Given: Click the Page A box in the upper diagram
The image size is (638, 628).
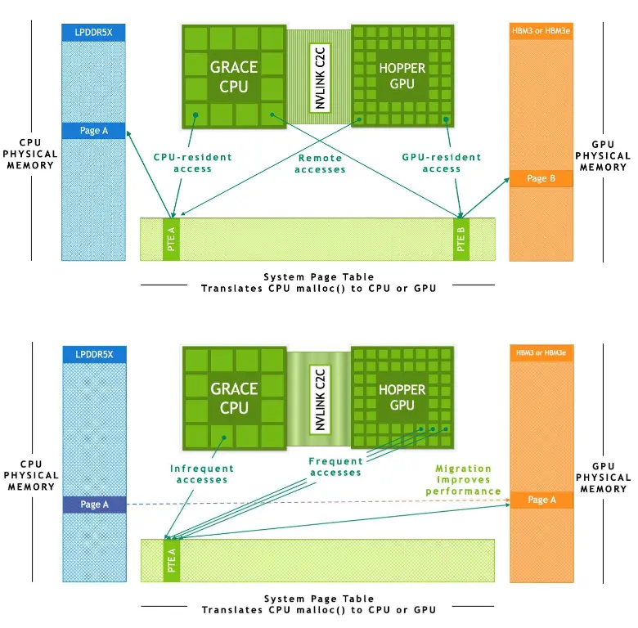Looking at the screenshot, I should pyautogui.click(x=94, y=131).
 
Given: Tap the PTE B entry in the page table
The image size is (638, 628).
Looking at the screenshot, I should pyautogui.click(x=461, y=239).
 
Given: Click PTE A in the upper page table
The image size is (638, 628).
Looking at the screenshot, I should pyautogui.click(x=172, y=239).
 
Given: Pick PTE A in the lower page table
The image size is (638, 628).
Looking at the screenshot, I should pyautogui.click(x=172, y=560).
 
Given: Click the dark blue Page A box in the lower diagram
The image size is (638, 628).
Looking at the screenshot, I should pyautogui.click(x=94, y=505).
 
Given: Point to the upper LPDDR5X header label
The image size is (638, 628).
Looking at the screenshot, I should pyautogui.click(x=94, y=33).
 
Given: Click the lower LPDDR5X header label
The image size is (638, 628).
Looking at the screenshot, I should pyautogui.click(x=94, y=354).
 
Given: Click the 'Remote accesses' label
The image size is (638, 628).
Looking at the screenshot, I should pyautogui.click(x=320, y=164).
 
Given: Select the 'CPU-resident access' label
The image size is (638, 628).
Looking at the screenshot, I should pyautogui.click(x=193, y=163).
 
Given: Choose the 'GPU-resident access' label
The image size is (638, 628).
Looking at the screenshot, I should pyautogui.click(x=442, y=163).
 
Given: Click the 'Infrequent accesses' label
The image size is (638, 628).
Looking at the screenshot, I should pyautogui.click(x=202, y=474).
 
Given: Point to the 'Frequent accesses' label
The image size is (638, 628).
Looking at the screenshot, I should pyautogui.click(x=336, y=467).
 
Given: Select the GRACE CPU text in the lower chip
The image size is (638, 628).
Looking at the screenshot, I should pyautogui.click(x=234, y=397).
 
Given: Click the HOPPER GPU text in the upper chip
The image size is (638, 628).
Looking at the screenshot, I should pyautogui.click(x=402, y=76).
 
